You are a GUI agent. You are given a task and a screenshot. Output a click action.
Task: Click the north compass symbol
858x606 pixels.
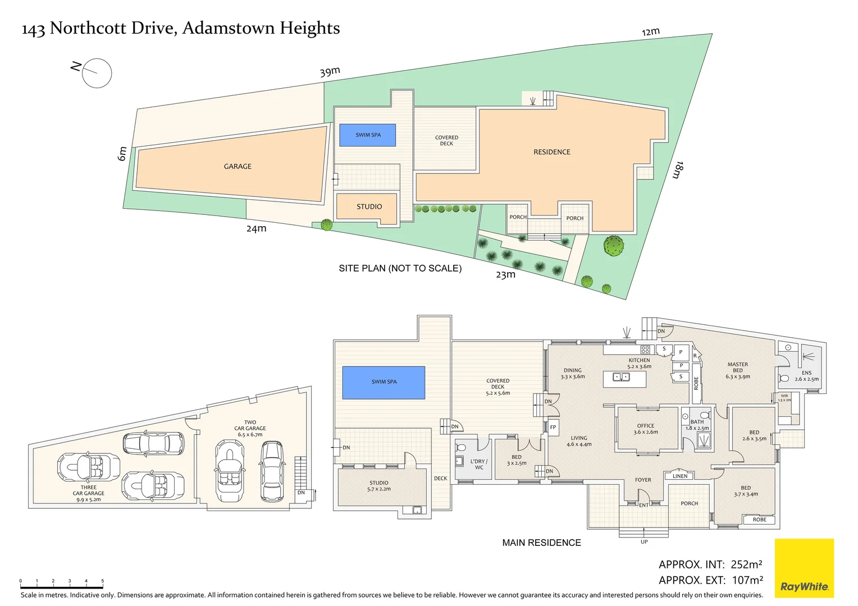click(97, 73)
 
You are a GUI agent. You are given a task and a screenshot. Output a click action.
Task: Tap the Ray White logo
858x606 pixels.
click(804, 568)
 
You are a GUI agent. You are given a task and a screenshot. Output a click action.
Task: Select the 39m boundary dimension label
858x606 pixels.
click(330, 72)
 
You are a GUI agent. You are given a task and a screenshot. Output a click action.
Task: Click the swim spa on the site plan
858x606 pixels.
click(367, 135)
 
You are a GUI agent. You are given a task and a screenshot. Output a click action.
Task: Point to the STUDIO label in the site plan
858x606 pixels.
click(369, 206)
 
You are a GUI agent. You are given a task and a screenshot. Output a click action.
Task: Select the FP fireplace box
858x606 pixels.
click(553, 427)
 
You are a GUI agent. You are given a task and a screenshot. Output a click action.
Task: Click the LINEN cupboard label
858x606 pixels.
click(679, 476)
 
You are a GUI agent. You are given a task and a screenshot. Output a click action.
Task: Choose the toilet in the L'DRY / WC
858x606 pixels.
click(462, 448)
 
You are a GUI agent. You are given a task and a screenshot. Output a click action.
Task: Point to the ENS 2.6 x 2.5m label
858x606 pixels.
click(806, 376)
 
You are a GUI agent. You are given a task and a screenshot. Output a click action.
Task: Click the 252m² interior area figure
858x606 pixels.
click(746, 564)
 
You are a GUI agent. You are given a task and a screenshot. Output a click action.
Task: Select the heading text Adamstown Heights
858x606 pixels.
click(261, 28)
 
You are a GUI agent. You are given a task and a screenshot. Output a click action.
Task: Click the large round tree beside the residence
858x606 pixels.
click(613, 246)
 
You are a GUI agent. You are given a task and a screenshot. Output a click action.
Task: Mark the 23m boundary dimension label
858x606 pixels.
click(505, 275)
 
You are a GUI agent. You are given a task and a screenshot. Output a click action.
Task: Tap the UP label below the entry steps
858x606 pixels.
click(644, 541)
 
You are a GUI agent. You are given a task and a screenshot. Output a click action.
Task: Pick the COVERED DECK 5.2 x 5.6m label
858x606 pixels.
click(498, 387)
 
